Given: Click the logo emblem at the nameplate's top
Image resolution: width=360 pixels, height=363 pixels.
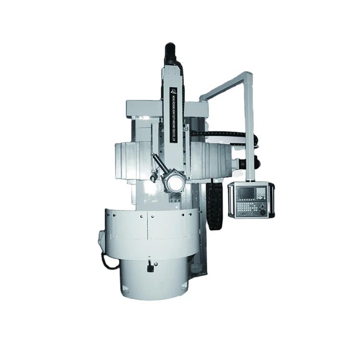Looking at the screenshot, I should coord(174,90).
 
